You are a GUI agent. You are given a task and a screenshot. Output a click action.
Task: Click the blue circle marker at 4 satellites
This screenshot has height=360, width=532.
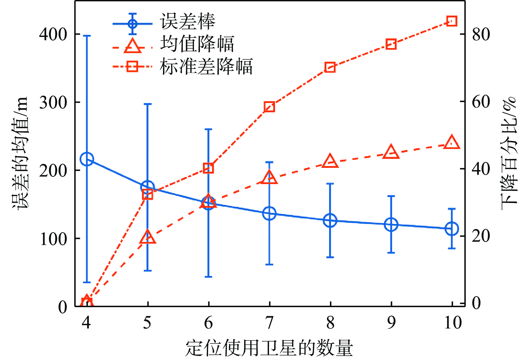click(x=87, y=159)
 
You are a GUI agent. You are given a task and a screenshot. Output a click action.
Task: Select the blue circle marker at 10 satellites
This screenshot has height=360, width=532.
click(x=452, y=229)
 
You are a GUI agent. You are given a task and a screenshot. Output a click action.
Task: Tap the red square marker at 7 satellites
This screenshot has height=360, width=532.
click(x=269, y=107)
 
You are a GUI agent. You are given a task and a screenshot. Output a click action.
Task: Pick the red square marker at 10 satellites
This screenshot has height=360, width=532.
click(x=452, y=21)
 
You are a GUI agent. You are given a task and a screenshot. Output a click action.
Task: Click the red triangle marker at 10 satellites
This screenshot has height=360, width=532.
click(x=452, y=143)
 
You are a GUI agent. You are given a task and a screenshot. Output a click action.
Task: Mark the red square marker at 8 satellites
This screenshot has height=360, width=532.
click(x=330, y=67)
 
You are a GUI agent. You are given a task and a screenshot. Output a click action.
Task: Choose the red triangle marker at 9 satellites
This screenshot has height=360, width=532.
click(x=391, y=152)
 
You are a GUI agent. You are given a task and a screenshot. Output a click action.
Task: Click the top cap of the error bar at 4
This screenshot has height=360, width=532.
click(x=87, y=36)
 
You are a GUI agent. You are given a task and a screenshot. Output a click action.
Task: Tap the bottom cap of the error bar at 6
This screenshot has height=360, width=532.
click(x=208, y=277)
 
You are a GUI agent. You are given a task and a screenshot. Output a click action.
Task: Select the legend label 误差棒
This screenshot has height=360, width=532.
click(x=188, y=22)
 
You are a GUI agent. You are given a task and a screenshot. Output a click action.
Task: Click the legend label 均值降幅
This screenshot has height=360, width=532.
click(x=197, y=44)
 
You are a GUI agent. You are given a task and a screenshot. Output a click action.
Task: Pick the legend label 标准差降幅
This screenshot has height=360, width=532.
click(x=206, y=66)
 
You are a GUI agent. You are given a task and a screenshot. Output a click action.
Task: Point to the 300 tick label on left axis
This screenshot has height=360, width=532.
click(x=53, y=103)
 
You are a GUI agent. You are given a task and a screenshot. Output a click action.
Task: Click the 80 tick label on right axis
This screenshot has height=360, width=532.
click(x=481, y=34)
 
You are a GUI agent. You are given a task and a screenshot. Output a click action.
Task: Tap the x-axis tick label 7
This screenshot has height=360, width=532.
click(x=270, y=323)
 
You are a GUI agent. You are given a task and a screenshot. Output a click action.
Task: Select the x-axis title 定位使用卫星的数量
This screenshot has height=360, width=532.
click(x=269, y=348)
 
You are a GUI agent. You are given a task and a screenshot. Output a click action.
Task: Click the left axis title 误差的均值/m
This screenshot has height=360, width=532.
click(x=20, y=153)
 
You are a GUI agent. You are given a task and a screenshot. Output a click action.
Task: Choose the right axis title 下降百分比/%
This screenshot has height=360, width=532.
click(x=509, y=150)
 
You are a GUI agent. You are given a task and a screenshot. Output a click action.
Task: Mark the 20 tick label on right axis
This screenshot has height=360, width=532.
click(x=481, y=236)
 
